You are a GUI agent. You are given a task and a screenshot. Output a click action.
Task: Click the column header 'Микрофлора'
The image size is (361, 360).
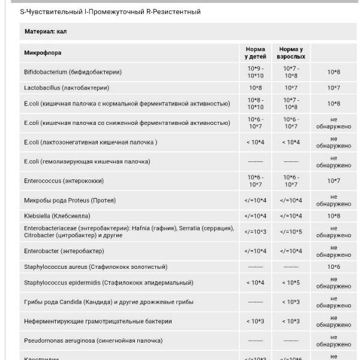pos(43,53)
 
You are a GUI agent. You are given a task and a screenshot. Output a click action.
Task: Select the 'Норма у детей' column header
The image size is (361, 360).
pos(255,53)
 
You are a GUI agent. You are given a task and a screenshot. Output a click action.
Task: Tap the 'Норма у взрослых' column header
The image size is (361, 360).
pos(291,53)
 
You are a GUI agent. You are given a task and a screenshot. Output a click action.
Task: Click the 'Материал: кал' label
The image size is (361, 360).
pos(45,31)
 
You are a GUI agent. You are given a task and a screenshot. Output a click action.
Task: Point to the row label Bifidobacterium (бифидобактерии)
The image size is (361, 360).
pos(73,72)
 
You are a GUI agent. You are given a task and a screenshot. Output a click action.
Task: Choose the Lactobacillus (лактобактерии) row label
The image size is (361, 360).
pos(67,88)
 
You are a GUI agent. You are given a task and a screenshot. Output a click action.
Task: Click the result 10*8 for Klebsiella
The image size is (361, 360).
pos(333,216)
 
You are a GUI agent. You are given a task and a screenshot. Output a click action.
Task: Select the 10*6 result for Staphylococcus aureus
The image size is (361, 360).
pos(333,267)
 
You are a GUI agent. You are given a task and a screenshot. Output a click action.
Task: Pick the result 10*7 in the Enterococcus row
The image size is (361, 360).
pos(333,181)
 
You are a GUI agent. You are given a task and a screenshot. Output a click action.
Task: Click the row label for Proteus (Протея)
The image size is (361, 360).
pos(70,200)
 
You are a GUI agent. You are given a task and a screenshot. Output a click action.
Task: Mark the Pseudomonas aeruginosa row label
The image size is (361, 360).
pos(93,341)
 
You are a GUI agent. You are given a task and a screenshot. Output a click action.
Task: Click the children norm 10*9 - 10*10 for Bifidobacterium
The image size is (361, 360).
pos(255,72)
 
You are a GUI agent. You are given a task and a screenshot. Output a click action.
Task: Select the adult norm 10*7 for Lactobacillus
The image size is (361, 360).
pos(291,88)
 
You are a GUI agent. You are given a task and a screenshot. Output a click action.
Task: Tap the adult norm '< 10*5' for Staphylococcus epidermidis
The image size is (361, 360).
pos(291,283)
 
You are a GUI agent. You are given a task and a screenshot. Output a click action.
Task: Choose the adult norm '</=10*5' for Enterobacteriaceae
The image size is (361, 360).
pos(291,232)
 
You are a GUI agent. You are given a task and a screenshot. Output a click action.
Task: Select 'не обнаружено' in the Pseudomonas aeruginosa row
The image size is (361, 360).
pos(333,341)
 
